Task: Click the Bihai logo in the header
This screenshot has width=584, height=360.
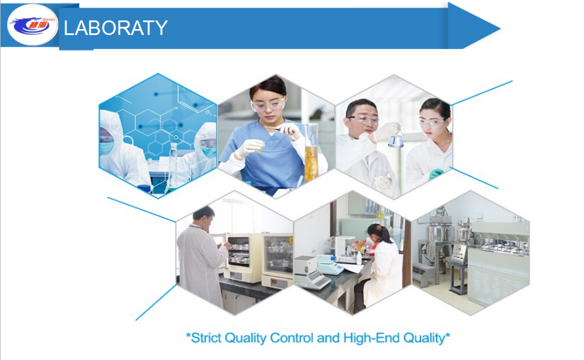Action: pos(33,25)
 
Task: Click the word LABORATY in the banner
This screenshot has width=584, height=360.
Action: pos(116,28)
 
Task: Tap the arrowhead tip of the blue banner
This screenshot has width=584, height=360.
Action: pos(500,28)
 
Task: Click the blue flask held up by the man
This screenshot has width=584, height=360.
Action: pos(396,140)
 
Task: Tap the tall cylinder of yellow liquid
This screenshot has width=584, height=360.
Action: pos(311,153)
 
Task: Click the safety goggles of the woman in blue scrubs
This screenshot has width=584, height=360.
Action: pos(268,104)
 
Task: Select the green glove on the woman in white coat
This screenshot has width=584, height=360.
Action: pos(436,174)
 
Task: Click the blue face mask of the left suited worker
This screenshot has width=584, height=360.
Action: pos(106,147)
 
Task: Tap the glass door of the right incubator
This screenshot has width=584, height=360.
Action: pos(278,255)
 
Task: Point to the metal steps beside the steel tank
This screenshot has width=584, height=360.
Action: pos(423,274)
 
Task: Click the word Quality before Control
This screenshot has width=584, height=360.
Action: pos(246,338)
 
